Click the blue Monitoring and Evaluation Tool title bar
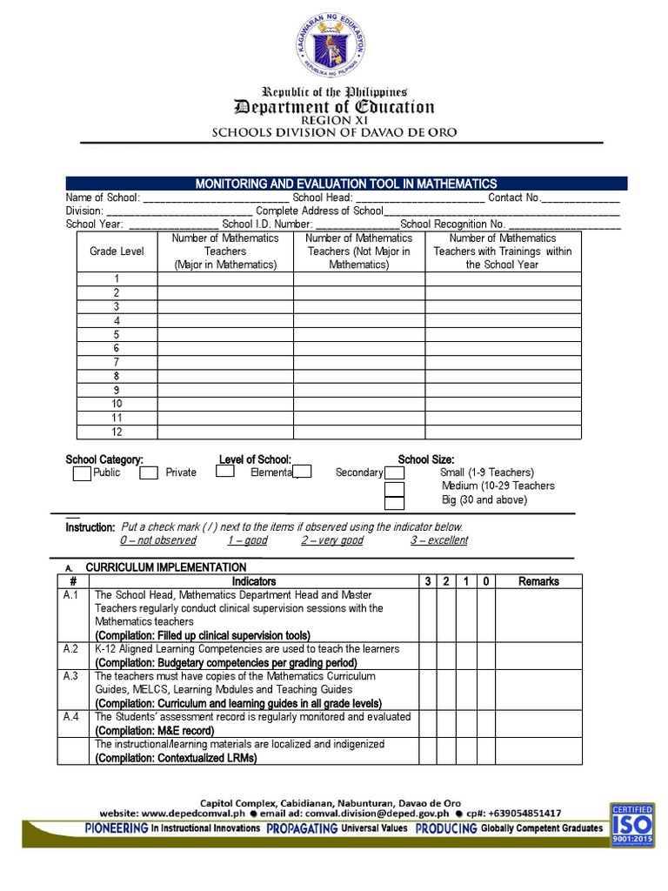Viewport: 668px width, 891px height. tap(346, 184)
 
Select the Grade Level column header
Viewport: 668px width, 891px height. tap(117, 251)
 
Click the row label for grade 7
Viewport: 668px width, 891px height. tap(117, 362)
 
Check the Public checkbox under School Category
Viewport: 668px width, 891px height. tap(81, 473)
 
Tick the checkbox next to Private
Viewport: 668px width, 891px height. tap(149, 473)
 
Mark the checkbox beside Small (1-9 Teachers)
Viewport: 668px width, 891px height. tap(395, 473)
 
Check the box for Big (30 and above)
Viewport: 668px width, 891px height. tap(395, 502)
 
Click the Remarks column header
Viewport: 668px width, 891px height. tap(538, 581)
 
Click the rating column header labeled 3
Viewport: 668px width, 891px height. tap(428, 581)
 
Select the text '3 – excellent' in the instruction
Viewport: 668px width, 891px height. tap(438, 540)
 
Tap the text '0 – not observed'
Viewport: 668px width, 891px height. tap(157, 540)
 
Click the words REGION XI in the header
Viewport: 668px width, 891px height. tap(335, 120)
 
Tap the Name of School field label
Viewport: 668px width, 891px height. tap(102, 198)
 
